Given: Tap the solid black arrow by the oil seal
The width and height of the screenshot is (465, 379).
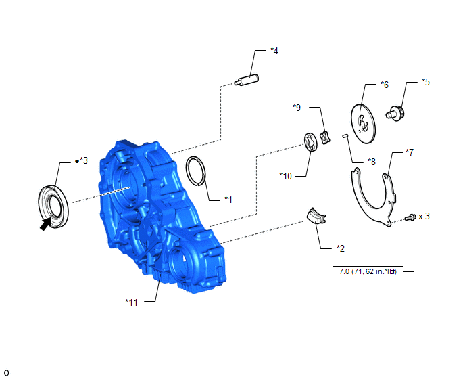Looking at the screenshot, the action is tap(46, 224).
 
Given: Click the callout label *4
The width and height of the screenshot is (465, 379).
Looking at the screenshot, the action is tap(274, 51).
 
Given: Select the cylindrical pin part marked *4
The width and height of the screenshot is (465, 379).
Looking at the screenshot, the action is tap(247, 80).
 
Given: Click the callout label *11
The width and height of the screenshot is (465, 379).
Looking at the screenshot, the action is tap(131, 303).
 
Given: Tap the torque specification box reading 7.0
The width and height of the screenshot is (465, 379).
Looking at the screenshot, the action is tap(368, 271).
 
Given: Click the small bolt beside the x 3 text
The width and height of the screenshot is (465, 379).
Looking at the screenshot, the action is tap(410, 218).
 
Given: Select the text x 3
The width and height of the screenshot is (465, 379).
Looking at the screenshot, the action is tap(424, 216).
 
